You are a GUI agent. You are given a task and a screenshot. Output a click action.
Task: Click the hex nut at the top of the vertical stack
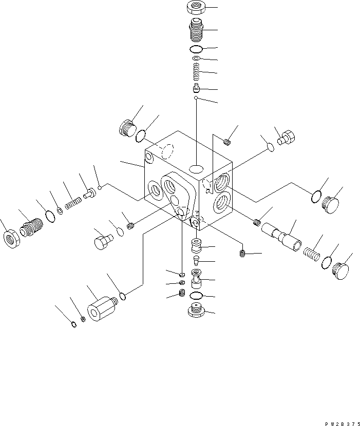click(x=195, y=8)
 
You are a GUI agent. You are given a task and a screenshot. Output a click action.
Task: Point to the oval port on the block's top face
click(x=196, y=169)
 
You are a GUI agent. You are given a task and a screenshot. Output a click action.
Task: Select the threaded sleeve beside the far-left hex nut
click(x=32, y=227)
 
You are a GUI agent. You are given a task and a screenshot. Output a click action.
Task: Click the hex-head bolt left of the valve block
click(x=104, y=241)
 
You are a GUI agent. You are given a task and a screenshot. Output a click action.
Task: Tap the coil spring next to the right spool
click(x=312, y=253)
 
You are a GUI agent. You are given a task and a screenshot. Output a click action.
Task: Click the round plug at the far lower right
click(x=339, y=269)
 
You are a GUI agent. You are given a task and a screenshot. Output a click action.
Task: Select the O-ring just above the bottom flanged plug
click(x=195, y=296)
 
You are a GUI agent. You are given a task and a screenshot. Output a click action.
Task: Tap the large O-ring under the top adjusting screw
click(x=195, y=49)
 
